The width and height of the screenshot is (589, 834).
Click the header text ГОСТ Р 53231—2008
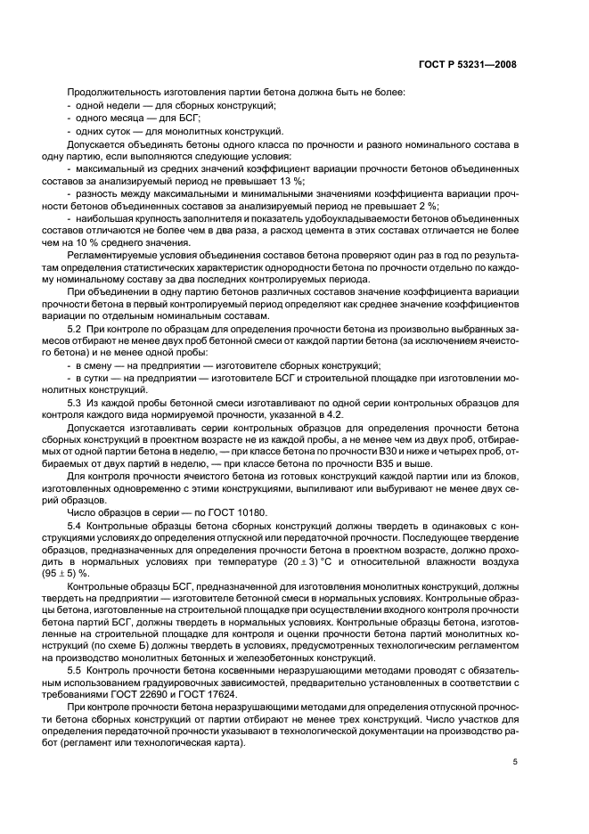(x=470, y=64)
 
